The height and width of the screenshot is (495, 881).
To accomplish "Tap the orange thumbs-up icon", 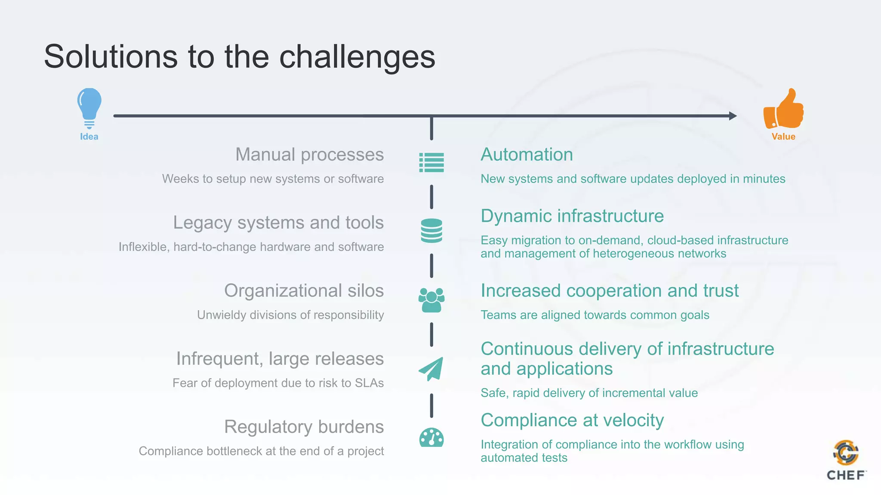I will pyautogui.click(x=783, y=110).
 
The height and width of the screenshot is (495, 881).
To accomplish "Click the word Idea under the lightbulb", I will pyautogui.click(x=89, y=137).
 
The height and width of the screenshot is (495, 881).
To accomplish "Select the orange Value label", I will pyautogui.click(x=783, y=137).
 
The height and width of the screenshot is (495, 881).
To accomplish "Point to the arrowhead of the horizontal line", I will pyautogui.click(x=733, y=116).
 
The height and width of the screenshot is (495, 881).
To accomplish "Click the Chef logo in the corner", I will pyautogui.click(x=846, y=460).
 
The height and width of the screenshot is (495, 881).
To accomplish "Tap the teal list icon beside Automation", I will pyautogui.click(x=431, y=162).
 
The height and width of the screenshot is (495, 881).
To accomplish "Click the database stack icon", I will pyautogui.click(x=431, y=231).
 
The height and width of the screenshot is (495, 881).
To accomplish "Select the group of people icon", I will pyautogui.click(x=431, y=300).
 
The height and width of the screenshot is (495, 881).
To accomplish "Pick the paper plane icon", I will pyautogui.click(x=431, y=369).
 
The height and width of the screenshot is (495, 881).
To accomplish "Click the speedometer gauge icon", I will pyautogui.click(x=431, y=438).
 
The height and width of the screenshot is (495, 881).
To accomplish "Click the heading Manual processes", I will pyautogui.click(x=309, y=154).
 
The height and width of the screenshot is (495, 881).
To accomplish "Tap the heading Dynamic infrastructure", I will pyautogui.click(x=572, y=216).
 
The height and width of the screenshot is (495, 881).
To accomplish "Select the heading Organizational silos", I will pyautogui.click(x=304, y=290).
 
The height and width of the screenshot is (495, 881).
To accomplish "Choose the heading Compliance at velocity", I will pyautogui.click(x=572, y=420).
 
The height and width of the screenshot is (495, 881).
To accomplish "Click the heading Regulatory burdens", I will pyautogui.click(x=304, y=427).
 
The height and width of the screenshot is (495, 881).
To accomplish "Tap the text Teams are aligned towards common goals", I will pyautogui.click(x=595, y=315).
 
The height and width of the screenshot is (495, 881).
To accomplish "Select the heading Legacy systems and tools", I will pyautogui.click(x=278, y=223).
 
